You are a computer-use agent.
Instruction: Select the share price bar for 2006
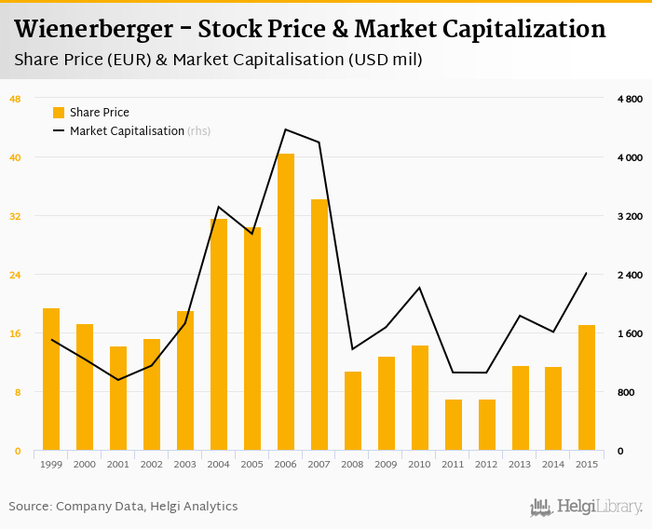[x=286, y=302]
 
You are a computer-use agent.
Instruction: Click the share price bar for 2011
[x=454, y=425]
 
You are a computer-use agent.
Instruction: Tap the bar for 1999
[x=51, y=379]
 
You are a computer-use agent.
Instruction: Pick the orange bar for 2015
[x=587, y=387]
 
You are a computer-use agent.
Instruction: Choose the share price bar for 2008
[x=353, y=411]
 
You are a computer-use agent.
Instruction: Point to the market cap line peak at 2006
[x=286, y=129]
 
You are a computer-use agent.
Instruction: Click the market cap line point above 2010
[x=420, y=287]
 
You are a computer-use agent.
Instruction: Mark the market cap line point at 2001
[x=118, y=380]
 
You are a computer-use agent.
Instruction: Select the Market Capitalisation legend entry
[x=127, y=131]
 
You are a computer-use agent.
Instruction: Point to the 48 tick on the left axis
[x=15, y=99]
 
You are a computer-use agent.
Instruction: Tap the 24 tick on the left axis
[x=15, y=275]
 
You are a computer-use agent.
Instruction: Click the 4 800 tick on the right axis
[x=630, y=99]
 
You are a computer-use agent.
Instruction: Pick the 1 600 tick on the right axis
[x=630, y=333]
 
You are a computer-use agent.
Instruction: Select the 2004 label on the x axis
[x=219, y=464]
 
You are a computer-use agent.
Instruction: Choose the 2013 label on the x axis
[x=521, y=464]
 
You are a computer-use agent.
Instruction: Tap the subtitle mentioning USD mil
[x=219, y=61]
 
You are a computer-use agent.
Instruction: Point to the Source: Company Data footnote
[x=123, y=507]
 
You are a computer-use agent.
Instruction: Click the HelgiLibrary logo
[x=587, y=507]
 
